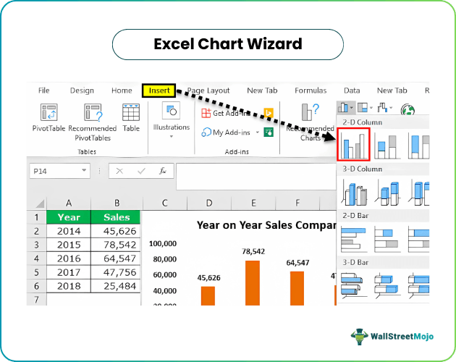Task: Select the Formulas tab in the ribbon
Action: coord(311,90)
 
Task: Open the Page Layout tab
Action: coord(208,90)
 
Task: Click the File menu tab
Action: coord(43,90)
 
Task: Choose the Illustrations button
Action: coord(172,119)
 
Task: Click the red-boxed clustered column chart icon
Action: coord(353,143)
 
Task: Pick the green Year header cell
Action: coord(69,216)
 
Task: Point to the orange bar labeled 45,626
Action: coord(208,295)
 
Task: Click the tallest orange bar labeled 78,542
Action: coord(253,282)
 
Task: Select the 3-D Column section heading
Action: coord(363,169)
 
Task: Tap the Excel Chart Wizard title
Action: coord(228,44)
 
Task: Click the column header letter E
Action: coord(253,203)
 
